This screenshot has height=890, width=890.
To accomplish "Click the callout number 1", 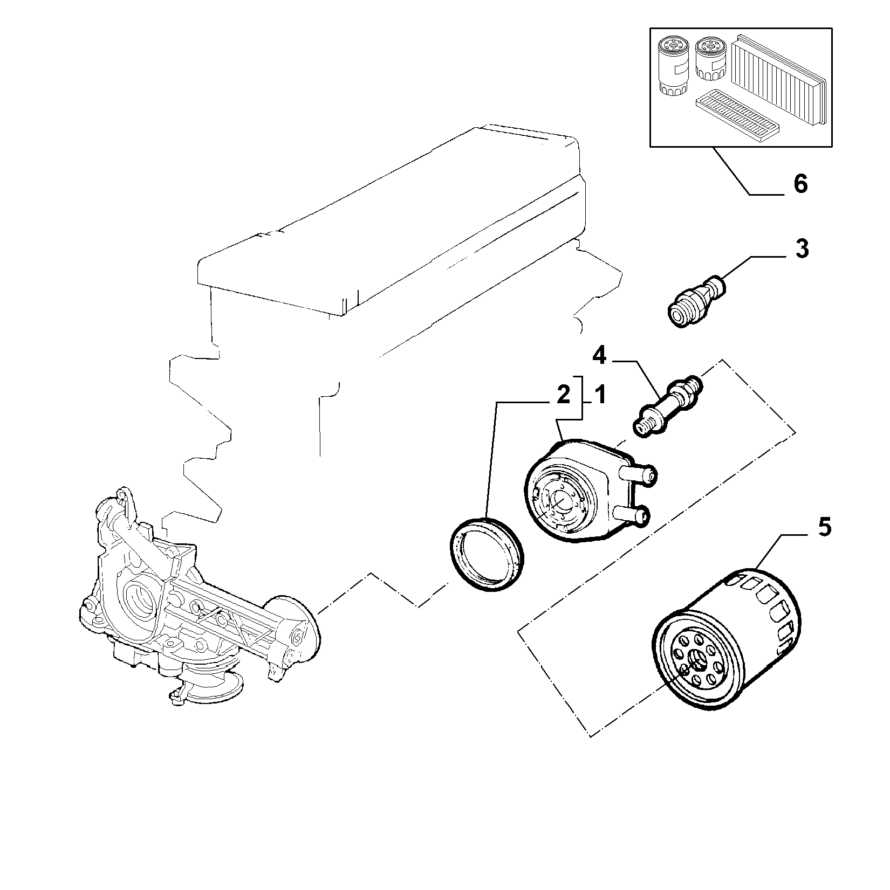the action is tap(599, 396).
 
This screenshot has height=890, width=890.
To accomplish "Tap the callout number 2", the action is tap(563, 396).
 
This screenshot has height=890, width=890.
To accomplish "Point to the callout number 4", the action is tap(600, 355).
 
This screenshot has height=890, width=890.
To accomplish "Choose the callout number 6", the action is tap(801, 184).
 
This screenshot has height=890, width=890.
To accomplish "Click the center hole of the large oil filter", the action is tap(697, 659).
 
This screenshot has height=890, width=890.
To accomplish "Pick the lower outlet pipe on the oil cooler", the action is tap(632, 516).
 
